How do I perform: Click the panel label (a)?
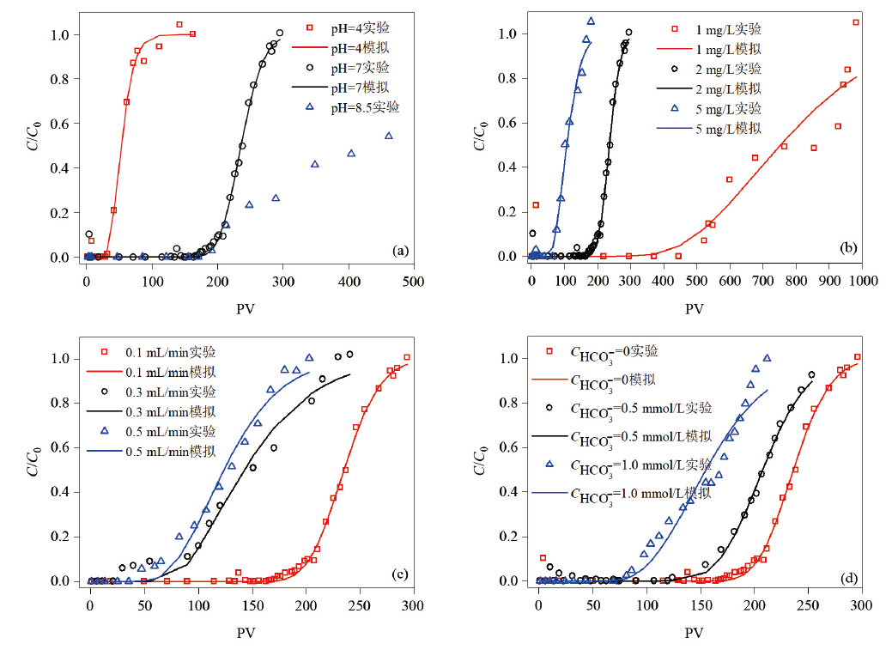[399, 251]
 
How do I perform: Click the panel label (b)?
[847, 248]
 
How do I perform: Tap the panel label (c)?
[399, 574]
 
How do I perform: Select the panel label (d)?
[847, 574]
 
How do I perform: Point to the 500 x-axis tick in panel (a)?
[414, 281]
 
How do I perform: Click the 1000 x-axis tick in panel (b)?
[862, 280]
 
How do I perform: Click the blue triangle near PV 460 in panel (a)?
[389, 136]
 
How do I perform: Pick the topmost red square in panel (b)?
[856, 22]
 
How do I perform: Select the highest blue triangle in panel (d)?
[767, 358]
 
